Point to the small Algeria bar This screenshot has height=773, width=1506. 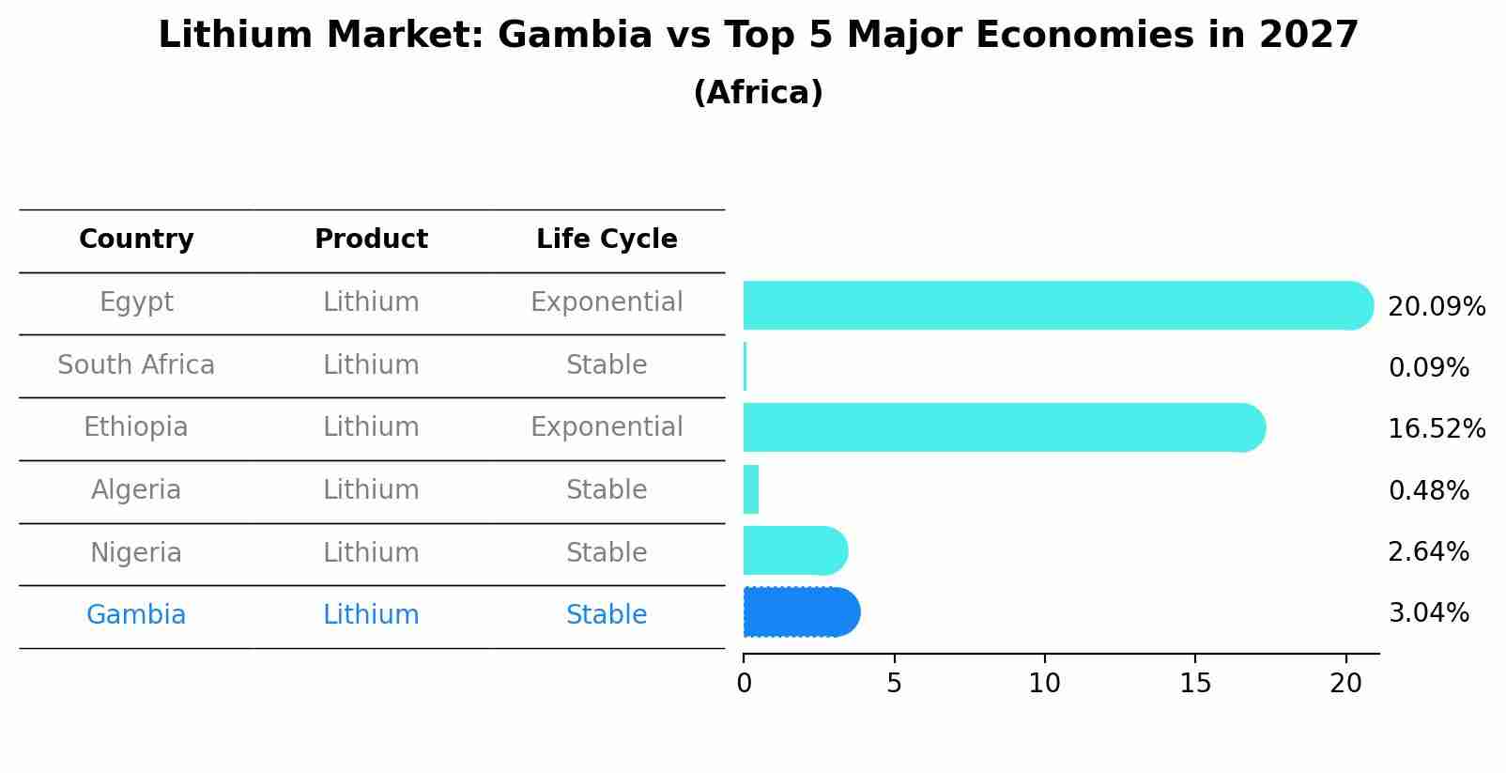(x=750, y=489)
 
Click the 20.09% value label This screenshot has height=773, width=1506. (x=1436, y=307)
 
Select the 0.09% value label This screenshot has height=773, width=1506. (x=1428, y=368)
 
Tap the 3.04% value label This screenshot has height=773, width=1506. (x=1428, y=613)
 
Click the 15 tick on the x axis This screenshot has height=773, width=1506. (x=1195, y=684)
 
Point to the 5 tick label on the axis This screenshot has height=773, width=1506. (x=894, y=684)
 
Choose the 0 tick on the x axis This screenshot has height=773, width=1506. (x=744, y=684)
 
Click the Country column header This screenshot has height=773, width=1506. (x=136, y=240)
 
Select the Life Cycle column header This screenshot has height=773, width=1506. (x=607, y=240)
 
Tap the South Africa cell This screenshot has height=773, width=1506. (x=136, y=365)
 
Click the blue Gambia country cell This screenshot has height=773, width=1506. (x=136, y=615)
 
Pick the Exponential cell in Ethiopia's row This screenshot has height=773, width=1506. (x=607, y=427)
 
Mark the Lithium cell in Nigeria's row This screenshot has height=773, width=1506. (x=371, y=553)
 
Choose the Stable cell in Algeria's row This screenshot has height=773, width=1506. (x=607, y=490)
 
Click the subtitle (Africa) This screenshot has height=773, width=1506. (x=758, y=93)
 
